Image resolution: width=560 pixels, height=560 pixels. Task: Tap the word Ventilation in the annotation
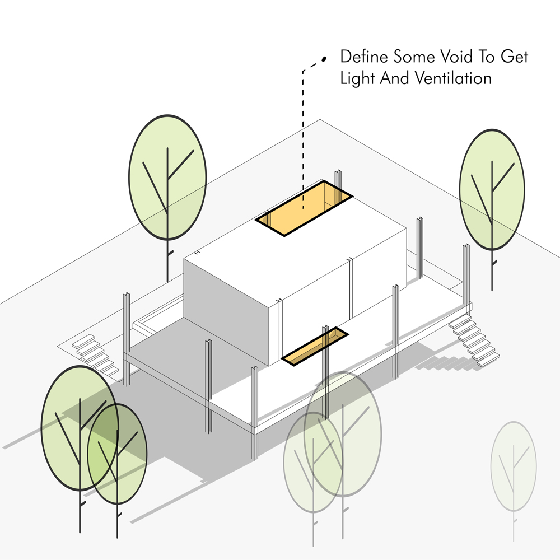point(454,78)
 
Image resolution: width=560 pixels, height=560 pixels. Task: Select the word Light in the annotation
point(357,78)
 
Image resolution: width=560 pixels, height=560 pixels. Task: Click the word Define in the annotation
point(365,57)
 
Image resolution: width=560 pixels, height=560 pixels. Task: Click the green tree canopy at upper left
point(167,176)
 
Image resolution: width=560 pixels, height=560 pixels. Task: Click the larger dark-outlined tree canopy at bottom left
point(79,428)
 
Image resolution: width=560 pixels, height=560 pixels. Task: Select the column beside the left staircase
point(127,336)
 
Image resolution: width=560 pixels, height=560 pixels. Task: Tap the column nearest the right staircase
point(466,274)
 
